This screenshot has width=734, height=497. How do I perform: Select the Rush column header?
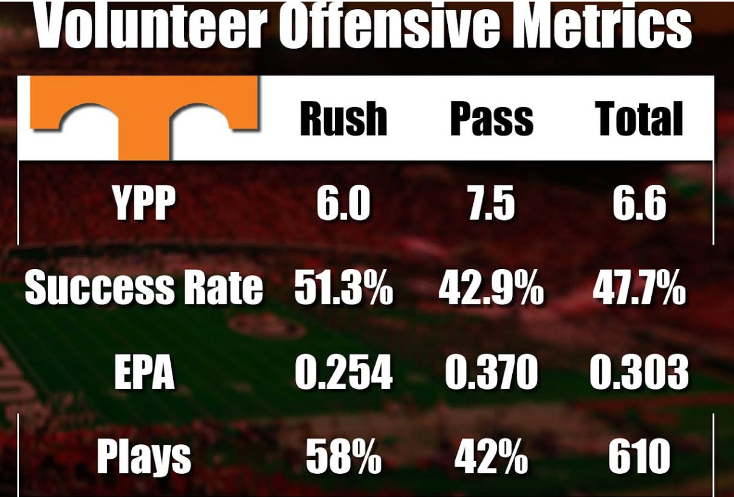[343, 118]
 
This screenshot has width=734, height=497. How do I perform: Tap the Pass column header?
[492, 118]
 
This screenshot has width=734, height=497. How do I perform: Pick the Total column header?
[639, 118]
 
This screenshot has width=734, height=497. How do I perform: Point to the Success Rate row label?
[144, 289]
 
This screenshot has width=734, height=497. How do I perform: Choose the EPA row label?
[144, 372]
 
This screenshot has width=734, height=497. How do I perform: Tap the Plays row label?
[144, 457]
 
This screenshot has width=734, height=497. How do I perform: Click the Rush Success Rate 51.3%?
[343, 289]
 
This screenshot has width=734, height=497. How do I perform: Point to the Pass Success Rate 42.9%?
[492, 289]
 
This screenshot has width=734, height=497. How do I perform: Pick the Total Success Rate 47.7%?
[639, 289]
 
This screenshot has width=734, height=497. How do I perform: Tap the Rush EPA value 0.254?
[343, 372]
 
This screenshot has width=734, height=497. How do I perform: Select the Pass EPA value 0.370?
[492, 372]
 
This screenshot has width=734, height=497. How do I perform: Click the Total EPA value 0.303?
[639, 372]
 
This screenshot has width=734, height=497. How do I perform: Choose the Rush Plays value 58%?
[343, 457]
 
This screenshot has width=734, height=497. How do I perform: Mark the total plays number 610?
[639, 457]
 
